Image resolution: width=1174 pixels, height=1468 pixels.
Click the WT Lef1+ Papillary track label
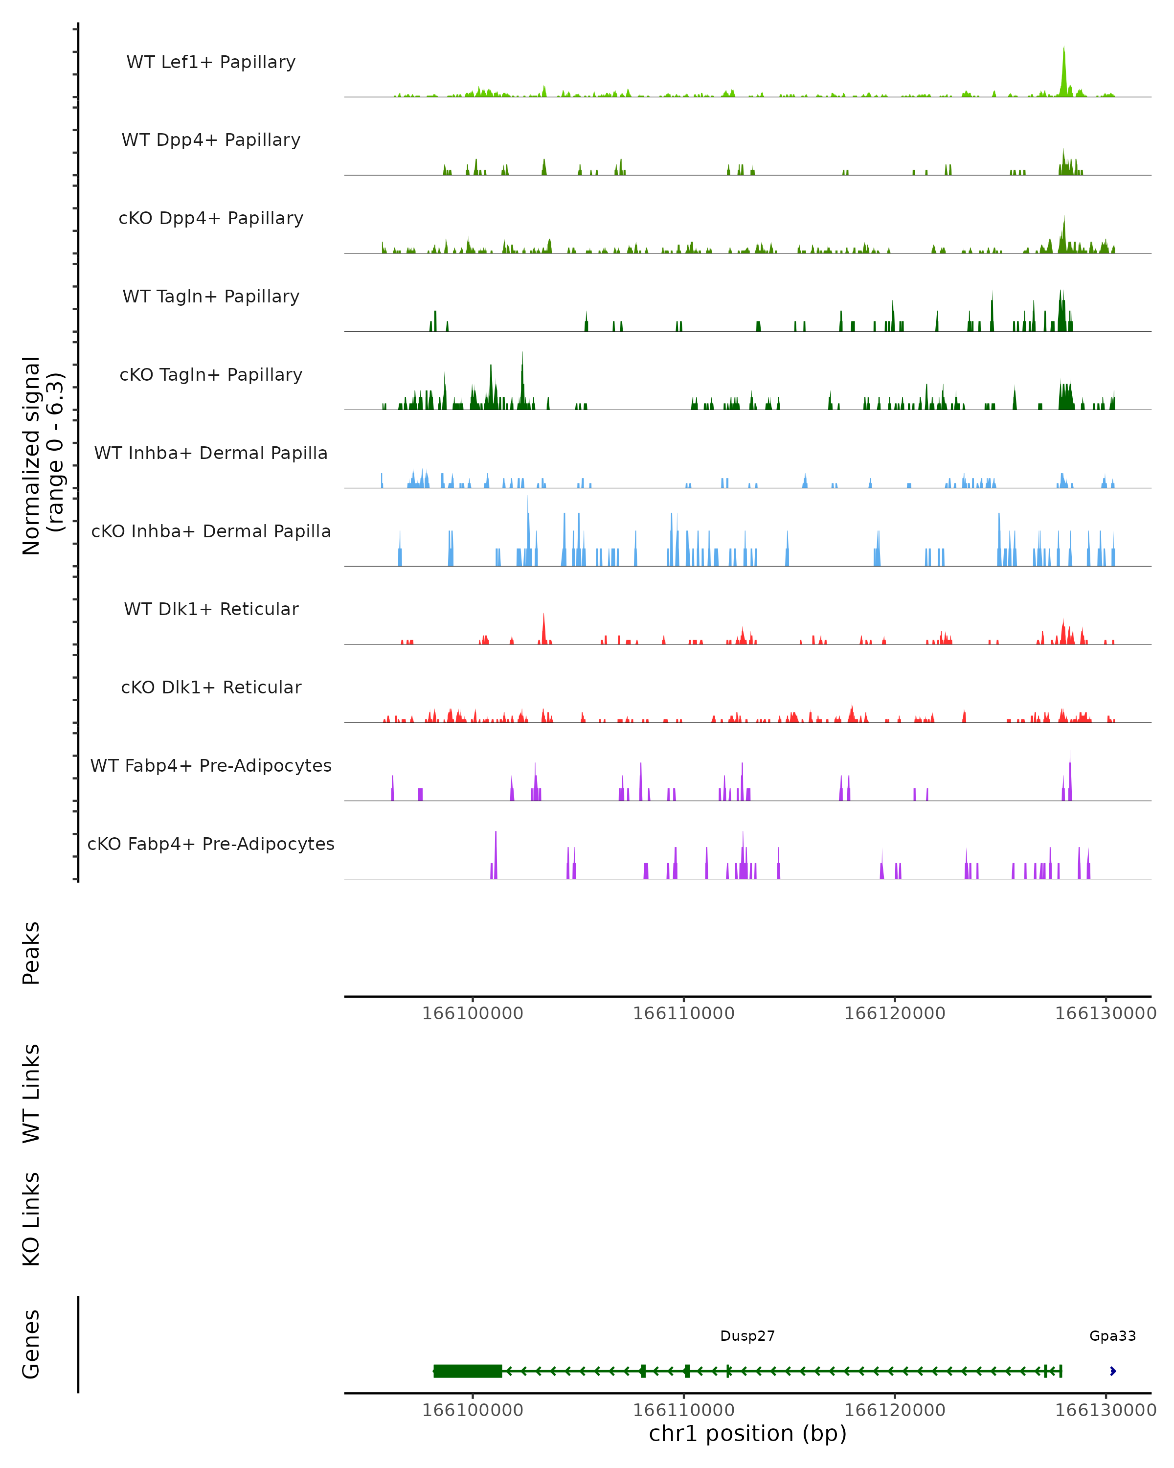(x=211, y=62)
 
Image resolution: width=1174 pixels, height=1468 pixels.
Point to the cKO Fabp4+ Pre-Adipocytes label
(x=211, y=844)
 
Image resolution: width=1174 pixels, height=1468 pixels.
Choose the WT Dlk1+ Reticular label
(x=211, y=609)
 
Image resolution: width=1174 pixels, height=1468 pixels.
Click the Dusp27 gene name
(x=747, y=1336)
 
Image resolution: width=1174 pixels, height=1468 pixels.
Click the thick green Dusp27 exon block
(x=468, y=1371)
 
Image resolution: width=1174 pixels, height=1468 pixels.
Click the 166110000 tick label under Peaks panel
(x=683, y=1013)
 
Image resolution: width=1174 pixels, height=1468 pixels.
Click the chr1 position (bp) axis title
(x=747, y=1434)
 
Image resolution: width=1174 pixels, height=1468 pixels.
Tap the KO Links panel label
(x=31, y=1219)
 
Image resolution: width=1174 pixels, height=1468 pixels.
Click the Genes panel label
(x=31, y=1344)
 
